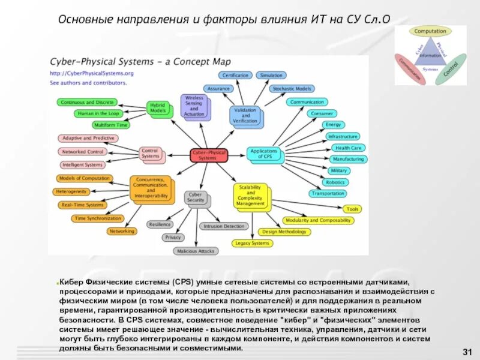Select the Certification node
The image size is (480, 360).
point(236,76)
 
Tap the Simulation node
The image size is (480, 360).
point(271,76)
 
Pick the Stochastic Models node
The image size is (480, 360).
point(291,89)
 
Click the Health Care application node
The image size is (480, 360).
point(348,148)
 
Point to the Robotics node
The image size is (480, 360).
point(335,182)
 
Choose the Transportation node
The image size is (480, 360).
point(328,193)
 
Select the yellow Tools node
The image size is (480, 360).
point(353,209)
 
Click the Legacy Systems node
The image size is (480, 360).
point(252,243)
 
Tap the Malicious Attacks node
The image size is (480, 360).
point(195,251)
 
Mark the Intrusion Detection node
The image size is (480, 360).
point(224,226)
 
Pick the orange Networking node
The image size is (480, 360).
point(122,231)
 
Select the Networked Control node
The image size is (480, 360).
point(83,152)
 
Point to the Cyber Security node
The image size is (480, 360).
point(196,197)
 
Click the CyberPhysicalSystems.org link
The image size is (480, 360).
point(91,73)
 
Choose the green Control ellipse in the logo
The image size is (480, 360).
point(451,69)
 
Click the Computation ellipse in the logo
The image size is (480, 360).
point(430,31)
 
